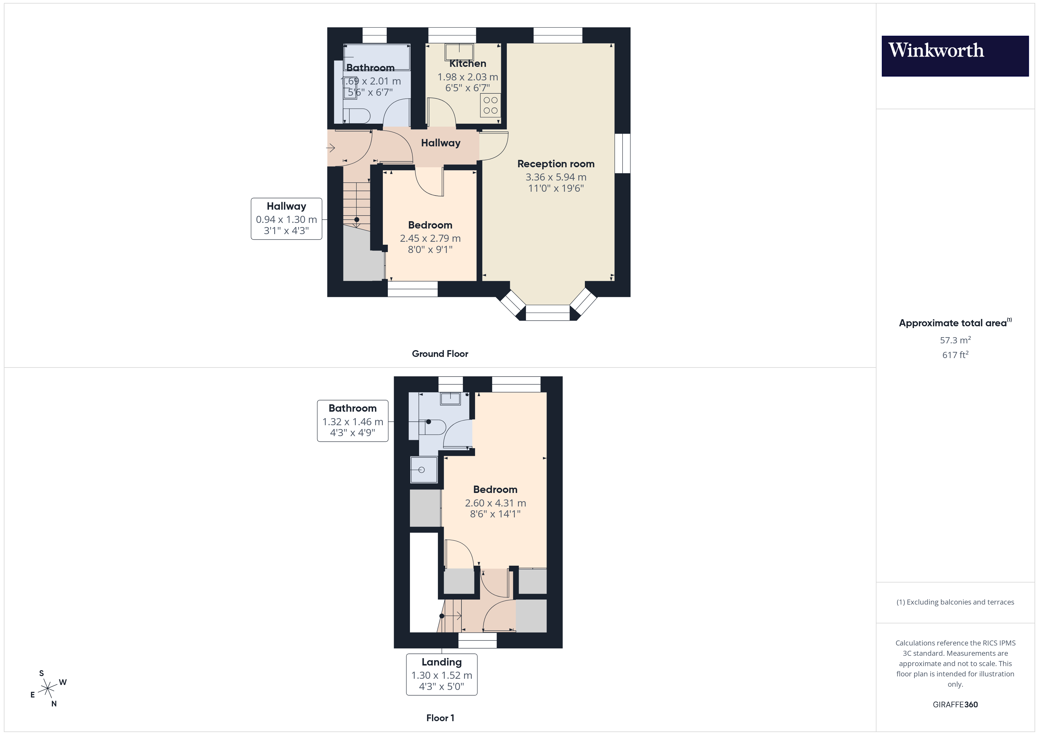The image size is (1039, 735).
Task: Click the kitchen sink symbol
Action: (459, 51)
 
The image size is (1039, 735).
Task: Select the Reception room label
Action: (556, 164)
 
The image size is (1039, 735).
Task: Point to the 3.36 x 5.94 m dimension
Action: (556, 177)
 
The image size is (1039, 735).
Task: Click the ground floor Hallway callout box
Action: (287, 218)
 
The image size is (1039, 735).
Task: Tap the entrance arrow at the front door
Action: (331, 148)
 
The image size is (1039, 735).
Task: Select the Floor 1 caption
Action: (440, 718)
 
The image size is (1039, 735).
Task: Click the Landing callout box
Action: (442, 674)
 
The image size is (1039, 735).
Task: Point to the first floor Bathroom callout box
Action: (353, 421)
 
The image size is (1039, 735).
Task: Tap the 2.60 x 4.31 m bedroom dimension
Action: (496, 503)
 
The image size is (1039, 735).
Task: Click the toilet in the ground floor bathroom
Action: (358, 116)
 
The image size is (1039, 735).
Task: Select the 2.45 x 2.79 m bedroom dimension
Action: (430, 238)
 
